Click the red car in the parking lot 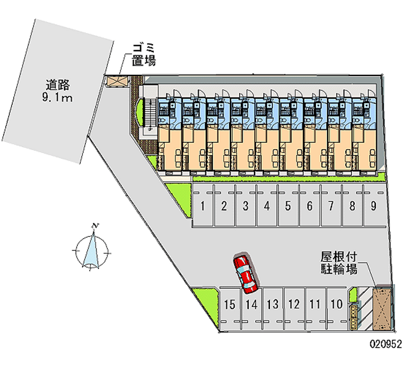(x=245, y=274)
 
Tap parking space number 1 (x=203, y=206)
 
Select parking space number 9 (x=374, y=206)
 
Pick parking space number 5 (x=288, y=206)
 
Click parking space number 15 (x=230, y=305)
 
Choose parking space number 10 (x=337, y=305)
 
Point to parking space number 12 (x=294, y=305)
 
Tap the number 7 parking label (x=331, y=205)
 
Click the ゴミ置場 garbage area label (x=144, y=55)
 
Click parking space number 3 (x=245, y=206)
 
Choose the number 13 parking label (x=273, y=304)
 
